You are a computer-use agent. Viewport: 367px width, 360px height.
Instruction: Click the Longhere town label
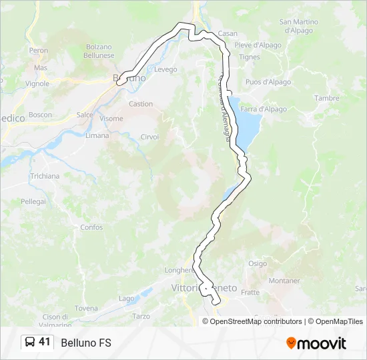click(x=179, y=270)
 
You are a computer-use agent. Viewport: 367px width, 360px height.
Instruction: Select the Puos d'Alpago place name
click(x=268, y=82)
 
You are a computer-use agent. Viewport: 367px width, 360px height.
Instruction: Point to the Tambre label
click(x=327, y=98)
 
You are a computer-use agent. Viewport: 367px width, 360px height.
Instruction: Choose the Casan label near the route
click(x=228, y=33)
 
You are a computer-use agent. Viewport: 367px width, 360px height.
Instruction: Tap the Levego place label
click(x=165, y=69)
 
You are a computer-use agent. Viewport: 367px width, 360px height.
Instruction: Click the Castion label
click(x=141, y=104)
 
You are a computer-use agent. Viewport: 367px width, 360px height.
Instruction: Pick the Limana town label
click(x=97, y=135)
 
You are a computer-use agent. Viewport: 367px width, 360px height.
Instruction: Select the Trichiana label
click(x=45, y=176)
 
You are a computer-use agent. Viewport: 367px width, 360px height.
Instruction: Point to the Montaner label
click(x=284, y=281)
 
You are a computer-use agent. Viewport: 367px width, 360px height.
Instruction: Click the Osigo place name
click(x=258, y=263)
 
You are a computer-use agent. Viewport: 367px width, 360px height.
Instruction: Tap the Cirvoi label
click(x=149, y=137)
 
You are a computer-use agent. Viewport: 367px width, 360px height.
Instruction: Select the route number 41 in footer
click(x=45, y=342)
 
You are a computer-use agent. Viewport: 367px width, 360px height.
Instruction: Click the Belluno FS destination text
click(x=86, y=343)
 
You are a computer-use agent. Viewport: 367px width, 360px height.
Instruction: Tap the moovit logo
click(x=316, y=343)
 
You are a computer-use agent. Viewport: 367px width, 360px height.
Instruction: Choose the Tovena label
click(x=85, y=308)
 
